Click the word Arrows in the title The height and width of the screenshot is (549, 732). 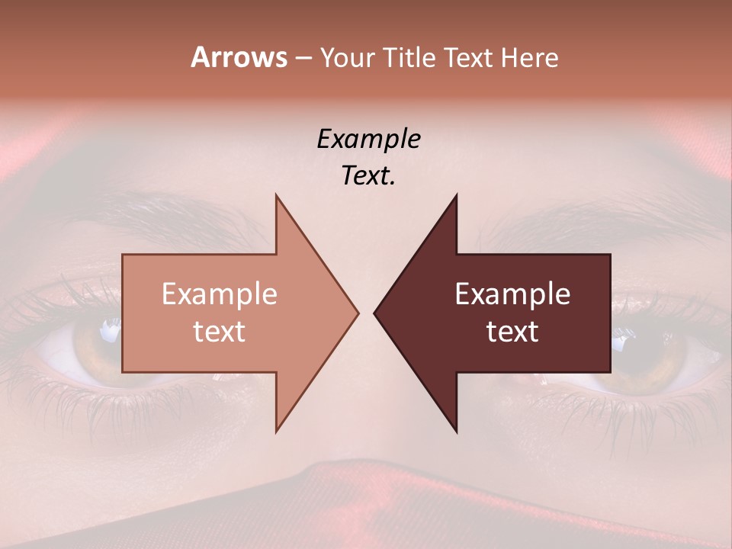tap(239, 57)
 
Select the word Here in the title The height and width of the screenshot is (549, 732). tap(528, 57)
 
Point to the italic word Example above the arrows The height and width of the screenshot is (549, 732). tap(368, 139)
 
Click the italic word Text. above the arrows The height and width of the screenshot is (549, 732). tap(368, 175)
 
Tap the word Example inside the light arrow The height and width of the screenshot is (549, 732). tap(219, 294)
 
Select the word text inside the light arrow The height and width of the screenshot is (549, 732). tap(219, 332)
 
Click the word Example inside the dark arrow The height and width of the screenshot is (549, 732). tap(512, 294)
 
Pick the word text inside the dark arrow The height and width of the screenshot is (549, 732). tap(512, 332)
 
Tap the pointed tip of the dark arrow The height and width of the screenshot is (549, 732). tap(375, 313)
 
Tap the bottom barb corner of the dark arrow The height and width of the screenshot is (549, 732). tap(456, 431)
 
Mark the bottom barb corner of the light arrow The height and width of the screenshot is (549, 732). tap(277, 431)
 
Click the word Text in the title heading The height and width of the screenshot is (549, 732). tap(470, 57)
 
